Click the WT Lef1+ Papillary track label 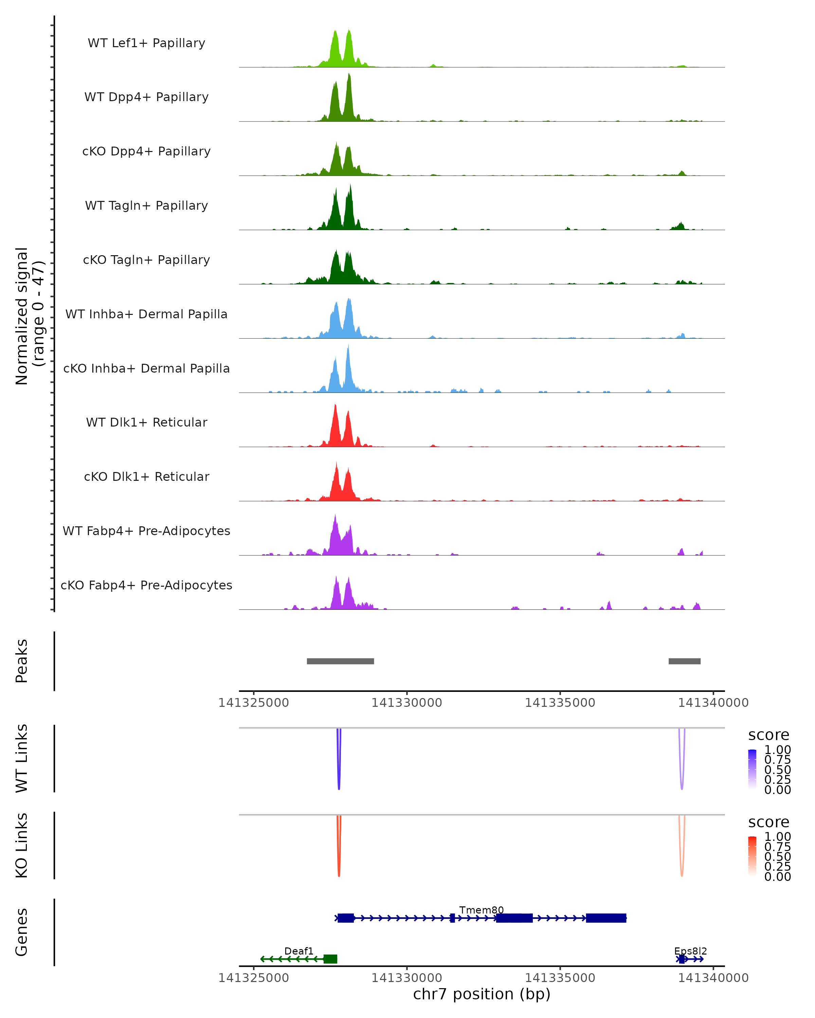pyautogui.click(x=146, y=43)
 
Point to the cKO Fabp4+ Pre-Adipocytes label pyautogui.click(x=146, y=585)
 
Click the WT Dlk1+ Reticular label pyautogui.click(x=146, y=422)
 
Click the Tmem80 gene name pyautogui.click(x=482, y=910)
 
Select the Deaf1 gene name pyautogui.click(x=298, y=951)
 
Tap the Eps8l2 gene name pyautogui.click(x=690, y=951)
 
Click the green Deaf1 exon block pyautogui.click(x=330, y=959)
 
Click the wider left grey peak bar pyautogui.click(x=340, y=661)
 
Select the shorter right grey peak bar pyautogui.click(x=684, y=661)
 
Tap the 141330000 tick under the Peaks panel pyautogui.click(x=407, y=703)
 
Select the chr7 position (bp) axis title pyautogui.click(x=482, y=994)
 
